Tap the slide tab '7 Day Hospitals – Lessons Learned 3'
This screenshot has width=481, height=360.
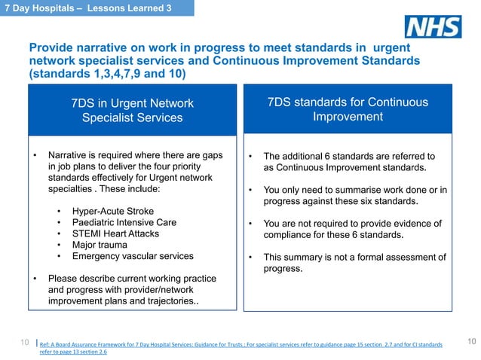96,8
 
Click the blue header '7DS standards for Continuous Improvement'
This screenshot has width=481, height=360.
348,110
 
